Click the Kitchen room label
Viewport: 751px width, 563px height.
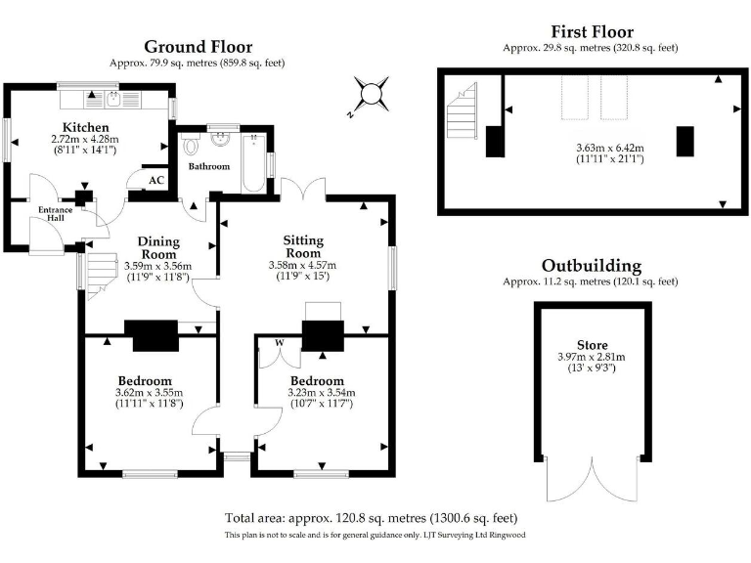click(86, 127)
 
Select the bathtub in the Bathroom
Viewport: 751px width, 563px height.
click(253, 164)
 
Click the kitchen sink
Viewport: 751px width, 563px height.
click(113, 100)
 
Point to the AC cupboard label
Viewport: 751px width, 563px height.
click(156, 181)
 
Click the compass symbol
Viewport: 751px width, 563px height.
click(370, 94)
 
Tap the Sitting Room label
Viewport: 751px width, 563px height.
click(303, 246)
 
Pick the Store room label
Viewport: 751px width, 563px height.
click(593, 345)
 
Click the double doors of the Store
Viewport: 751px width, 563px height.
click(593, 479)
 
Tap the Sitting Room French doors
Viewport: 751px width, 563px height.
click(303, 189)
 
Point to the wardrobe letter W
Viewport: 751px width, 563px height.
click(280, 343)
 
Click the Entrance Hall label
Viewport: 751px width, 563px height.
click(56, 213)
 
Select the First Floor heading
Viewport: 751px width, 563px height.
click(593, 32)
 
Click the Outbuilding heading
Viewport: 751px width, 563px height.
click(592, 266)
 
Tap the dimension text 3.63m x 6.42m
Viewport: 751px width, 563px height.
click(610, 148)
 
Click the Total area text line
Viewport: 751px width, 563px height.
click(372, 518)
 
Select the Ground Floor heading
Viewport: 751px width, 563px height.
click(199, 47)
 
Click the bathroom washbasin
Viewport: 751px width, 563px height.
click(221, 139)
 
